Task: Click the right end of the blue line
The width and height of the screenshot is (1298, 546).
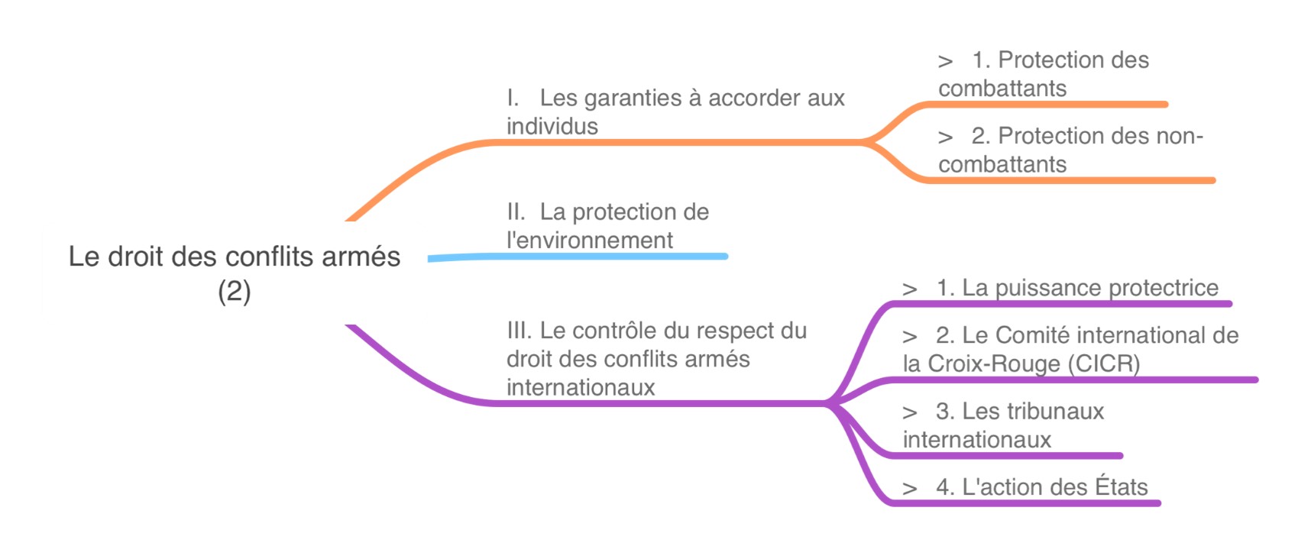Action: [725, 256]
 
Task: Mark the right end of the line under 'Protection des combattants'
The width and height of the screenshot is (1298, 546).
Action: [1165, 104]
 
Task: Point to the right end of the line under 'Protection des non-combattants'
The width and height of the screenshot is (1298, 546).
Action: [1212, 181]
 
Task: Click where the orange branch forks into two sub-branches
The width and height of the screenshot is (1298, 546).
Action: [865, 141]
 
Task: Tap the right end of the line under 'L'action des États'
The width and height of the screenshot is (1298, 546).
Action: [1157, 503]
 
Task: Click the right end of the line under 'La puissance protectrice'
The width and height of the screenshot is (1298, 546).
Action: [1228, 303]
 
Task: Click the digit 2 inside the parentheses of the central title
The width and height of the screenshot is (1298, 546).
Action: [234, 291]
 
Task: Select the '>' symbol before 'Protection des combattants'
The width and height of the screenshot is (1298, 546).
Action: [945, 61]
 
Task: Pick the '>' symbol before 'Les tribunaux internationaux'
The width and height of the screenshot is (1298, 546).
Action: [909, 413]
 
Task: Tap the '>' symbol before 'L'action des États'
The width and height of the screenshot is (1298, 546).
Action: [909, 489]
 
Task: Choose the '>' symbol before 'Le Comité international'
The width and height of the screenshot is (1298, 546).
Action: [909, 337]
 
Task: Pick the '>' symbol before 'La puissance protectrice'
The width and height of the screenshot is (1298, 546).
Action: [909, 289]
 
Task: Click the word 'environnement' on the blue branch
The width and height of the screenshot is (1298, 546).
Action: [594, 241]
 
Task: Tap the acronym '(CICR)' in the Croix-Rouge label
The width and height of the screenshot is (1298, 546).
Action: [1104, 363]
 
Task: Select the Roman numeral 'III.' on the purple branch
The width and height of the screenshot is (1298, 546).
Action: [520, 331]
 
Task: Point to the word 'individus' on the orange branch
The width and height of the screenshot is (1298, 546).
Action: [552, 126]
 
